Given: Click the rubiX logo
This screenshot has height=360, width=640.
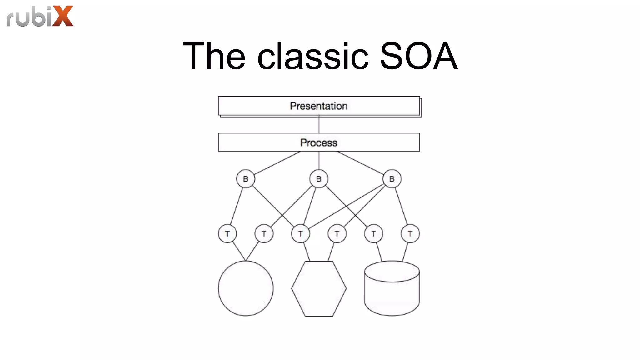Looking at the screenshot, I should coord(40,16).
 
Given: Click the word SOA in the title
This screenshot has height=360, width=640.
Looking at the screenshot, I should coord(418,56).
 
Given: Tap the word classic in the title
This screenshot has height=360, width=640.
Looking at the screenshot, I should coord(312,56).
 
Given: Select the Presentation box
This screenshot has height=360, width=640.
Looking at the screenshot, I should coord(319,106).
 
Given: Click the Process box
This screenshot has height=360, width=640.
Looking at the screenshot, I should coord(319,142).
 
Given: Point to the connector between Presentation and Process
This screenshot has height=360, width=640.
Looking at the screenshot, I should coord(319,125).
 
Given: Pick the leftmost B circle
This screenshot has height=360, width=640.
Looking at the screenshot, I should coord(246,179).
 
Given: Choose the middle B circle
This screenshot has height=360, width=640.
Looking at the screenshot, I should coord(319,179).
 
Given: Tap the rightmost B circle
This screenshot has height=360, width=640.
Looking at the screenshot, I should coord(392,179).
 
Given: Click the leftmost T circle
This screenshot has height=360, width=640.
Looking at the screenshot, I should coord(227,233).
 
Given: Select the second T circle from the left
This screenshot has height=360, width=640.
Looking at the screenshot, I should coord(264,233).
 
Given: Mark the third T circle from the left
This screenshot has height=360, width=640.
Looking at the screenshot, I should coord(300,233).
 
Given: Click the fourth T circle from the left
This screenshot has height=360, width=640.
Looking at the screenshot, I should coord(337,233).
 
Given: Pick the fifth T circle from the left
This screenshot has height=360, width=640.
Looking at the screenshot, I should coord(373,233).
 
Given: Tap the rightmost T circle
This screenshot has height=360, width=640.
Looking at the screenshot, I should coord(410,233).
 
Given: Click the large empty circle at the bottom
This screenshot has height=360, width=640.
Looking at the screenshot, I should coord(246,288).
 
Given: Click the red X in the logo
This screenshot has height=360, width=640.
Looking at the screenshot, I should coord(63,16).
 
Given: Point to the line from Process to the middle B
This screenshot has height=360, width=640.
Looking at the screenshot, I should coord(319,161).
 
